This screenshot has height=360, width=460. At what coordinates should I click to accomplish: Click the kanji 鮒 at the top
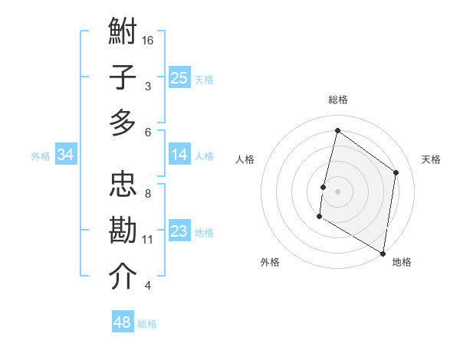tap(123, 33)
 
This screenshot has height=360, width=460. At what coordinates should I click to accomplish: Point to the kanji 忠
tap(123, 185)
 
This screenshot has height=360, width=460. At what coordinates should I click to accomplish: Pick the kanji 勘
tap(123, 231)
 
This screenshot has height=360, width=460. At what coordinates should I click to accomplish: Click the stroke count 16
tap(149, 40)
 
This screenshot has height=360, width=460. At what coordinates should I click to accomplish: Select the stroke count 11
tap(148, 240)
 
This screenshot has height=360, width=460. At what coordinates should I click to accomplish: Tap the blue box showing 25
tap(179, 77)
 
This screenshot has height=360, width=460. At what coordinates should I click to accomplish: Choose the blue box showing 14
tap(179, 155)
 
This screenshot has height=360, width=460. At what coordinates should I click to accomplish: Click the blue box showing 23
tap(179, 231)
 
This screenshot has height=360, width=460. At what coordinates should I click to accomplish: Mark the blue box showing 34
tap(66, 155)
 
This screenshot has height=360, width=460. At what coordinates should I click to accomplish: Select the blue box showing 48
tap(123, 322)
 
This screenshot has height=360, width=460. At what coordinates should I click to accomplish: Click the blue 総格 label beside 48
tap(147, 324)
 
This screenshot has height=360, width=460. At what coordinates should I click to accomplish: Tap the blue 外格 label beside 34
tap(41, 156)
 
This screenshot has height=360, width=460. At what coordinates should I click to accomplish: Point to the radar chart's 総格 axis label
tap(337, 100)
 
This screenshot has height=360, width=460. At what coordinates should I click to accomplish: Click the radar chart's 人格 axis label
tap(245, 159)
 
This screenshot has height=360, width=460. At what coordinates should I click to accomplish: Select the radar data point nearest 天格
tap(396, 172)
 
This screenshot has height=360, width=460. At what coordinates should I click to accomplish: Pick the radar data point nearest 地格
tap(383, 253)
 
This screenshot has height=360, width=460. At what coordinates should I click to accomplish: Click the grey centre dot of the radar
tap(337, 191)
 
